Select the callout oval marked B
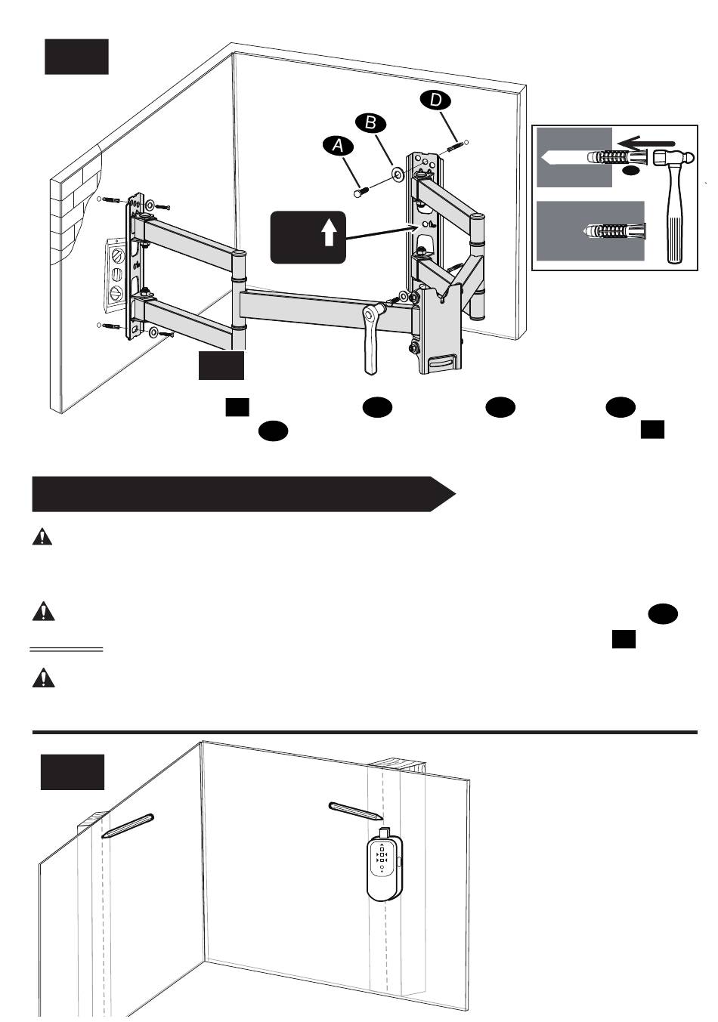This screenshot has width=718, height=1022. pyautogui.click(x=371, y=122)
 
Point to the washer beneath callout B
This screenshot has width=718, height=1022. pyautogui.click(x=396, y=176)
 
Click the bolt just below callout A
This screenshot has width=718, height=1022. pyautogui.click(x=362, y=193)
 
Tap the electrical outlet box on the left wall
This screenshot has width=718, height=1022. pyautogui.click(x=116, y=276)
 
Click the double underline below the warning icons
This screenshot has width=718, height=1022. pyautogui.click(x=67, y=649)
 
